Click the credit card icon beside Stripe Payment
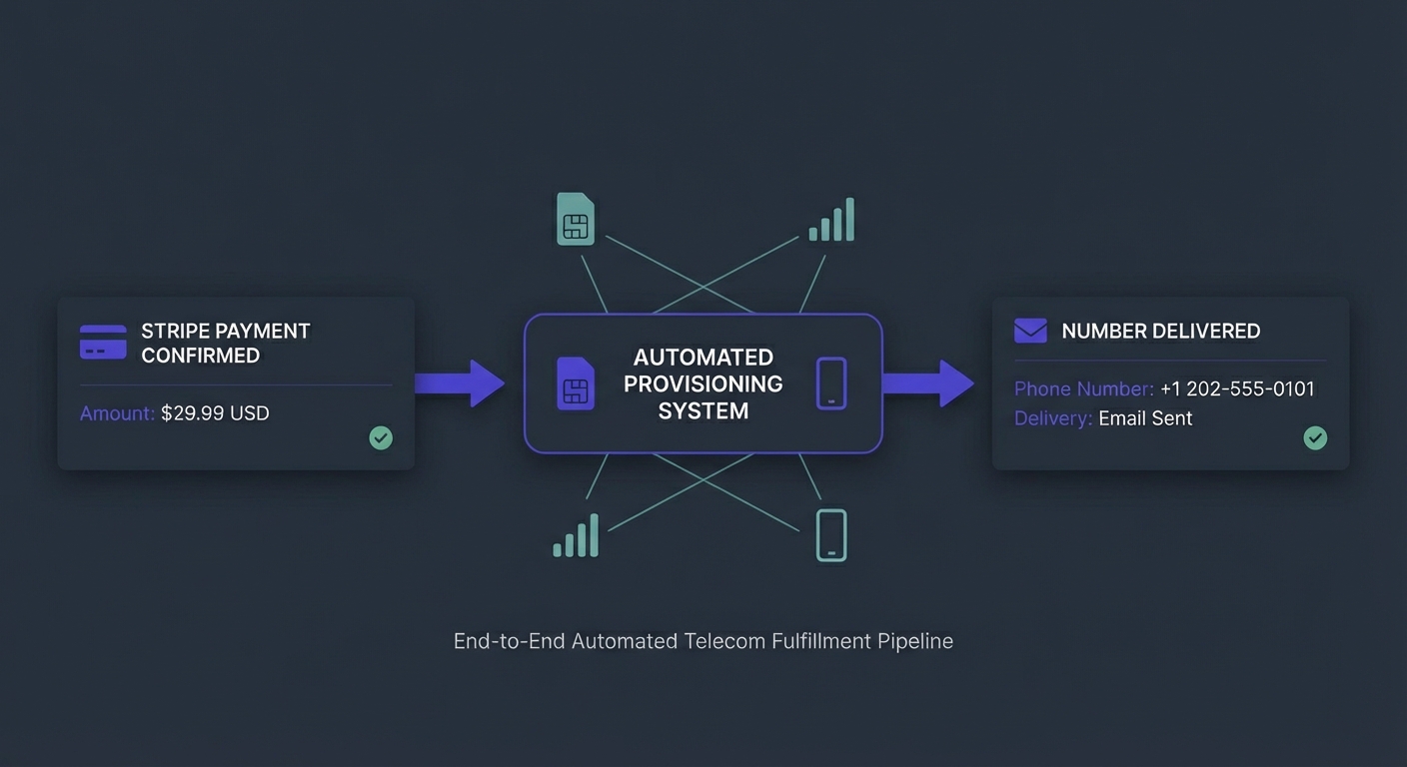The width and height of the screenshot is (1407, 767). [103, 343]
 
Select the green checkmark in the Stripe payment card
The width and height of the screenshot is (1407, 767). [381, 437]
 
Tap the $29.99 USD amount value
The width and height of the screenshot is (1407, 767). [215, 413]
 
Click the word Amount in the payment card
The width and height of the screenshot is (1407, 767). [116, 413]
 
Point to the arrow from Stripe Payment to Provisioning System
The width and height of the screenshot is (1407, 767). [460, 383]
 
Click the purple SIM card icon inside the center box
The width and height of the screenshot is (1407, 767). [575, 383]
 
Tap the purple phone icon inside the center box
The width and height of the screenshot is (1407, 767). [831, 383]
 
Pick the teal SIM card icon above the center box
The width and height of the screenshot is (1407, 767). [575, 220]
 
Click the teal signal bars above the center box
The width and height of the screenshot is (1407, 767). [832, 221]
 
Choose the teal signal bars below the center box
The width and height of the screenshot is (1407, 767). [577, 536]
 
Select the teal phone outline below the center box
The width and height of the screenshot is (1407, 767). [831, 535]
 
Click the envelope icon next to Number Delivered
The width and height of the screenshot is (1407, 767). [1030, 331]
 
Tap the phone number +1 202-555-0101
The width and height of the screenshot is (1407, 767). [1237, 389]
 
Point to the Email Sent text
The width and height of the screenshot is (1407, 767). [1145, 418]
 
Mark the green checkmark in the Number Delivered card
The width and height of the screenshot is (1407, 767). [1315, 437]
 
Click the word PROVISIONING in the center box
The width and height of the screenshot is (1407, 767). [703, 383]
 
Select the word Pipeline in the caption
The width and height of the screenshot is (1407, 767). [915, 641]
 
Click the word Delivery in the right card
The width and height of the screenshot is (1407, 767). [1052, 418]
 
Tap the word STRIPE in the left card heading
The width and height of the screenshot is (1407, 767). [172, 331]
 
